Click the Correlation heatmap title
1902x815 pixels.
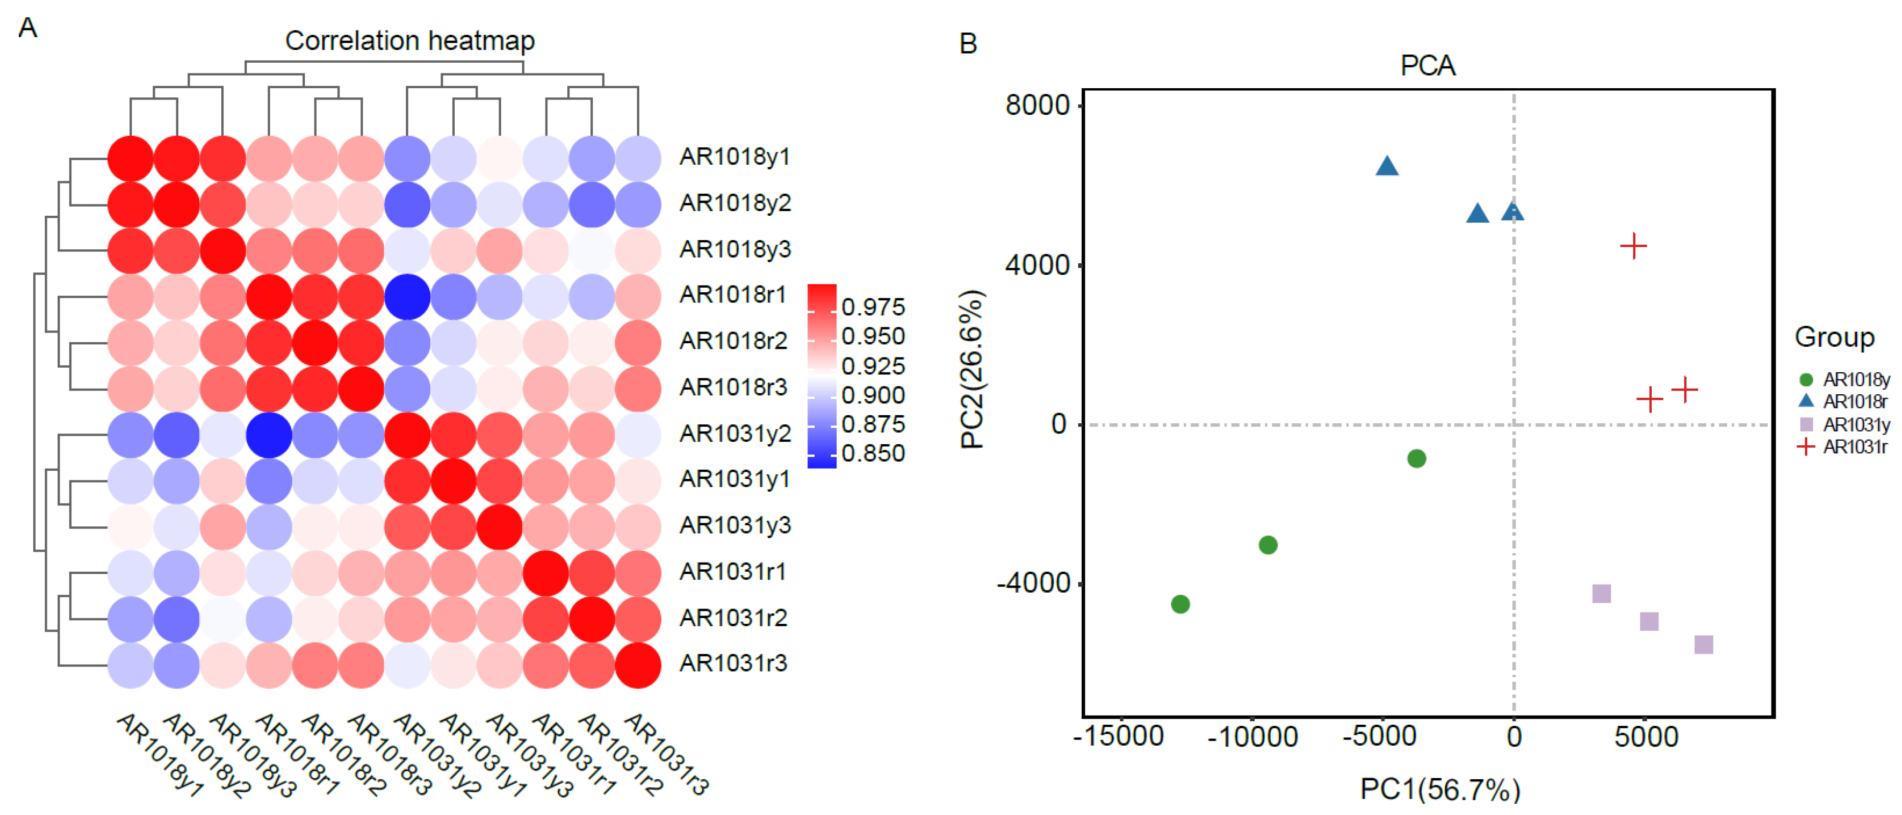tap(410, 41)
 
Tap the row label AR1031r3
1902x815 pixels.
tap(733, 664)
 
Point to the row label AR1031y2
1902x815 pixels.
tap(734, 434)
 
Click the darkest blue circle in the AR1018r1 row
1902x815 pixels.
tap(407, 297)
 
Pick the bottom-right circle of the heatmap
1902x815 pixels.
tap(637, 665)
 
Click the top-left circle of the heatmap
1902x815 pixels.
tap(131, 158)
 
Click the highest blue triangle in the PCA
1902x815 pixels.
tap(1387, 166)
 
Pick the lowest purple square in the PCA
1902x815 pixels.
tap(1703, 645)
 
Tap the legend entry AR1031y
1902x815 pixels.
tap(1855, 425)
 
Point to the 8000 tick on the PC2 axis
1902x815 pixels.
tap(1037, 106)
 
